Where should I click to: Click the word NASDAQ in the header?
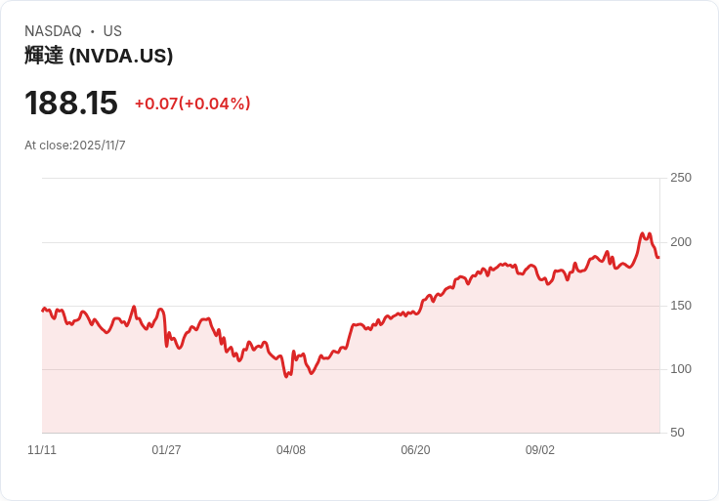(x=53, y=31)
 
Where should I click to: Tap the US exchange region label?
(x=112, y=31)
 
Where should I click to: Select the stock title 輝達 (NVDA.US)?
(x=99, y=56)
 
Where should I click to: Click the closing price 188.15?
(x=71, y=103)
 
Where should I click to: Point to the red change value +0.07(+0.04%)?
(x=192, y=104)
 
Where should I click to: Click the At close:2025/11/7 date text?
(x=75, y=146)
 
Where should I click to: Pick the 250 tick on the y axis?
(x=680, y=178)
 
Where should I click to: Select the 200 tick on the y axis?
(x=680, y=241)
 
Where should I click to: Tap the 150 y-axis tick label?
(x=680, y=306)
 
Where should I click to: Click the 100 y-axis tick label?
(x=680, y=369)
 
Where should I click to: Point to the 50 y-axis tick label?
(x=677, y=433)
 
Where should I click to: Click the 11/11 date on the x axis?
(x=42, y=450)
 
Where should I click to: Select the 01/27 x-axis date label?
(x=166, y=450)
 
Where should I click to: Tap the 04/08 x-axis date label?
(x=291, y=450)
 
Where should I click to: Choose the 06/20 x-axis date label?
(x=415, y=450)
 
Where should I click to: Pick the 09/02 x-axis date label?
(x=540, y=450)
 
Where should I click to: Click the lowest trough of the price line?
(x=286, y=377)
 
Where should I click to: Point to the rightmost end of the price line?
(x=658, y=258)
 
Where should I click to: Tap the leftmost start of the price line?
(x=42, y=311)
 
